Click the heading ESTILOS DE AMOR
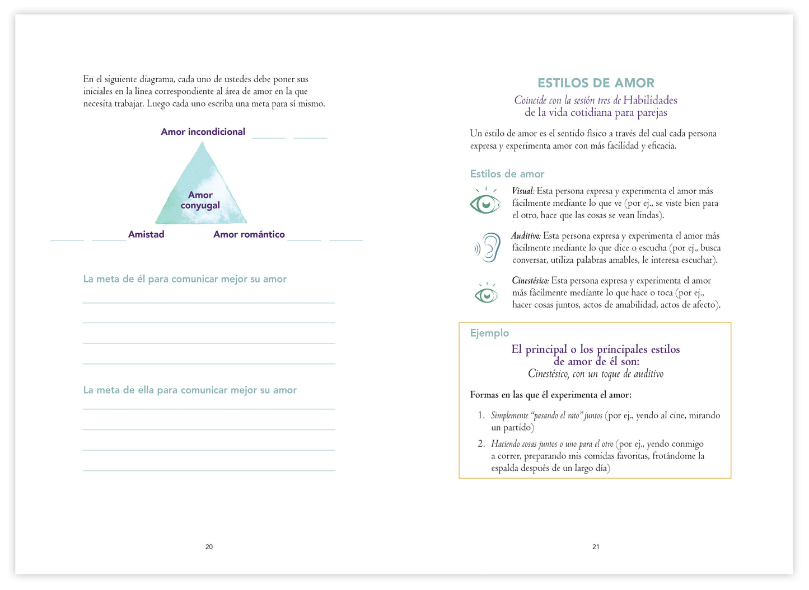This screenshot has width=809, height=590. coord(596,83)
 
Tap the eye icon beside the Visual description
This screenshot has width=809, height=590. coord(485,202)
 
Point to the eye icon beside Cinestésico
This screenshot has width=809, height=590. coord(486,293)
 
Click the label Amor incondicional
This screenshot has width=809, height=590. coord(203,132)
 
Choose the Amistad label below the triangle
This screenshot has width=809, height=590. coord(146,234)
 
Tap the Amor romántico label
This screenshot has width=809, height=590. coord(249,234)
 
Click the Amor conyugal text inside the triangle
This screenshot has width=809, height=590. coord(200,200)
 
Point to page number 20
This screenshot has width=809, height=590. coord(209,547)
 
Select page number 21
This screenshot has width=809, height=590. coord(596,547)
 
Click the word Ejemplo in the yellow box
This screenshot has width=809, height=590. coord(489,333)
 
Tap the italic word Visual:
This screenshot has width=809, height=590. coord(523,191)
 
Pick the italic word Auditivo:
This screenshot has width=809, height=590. coord(526,236)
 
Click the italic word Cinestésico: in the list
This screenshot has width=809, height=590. coord(530,281)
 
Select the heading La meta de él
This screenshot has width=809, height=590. coord(185,279)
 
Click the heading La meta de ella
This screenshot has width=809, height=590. coord(190,390)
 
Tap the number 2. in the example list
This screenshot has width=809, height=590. coord(481,444)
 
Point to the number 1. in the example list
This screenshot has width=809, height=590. coord(481,416)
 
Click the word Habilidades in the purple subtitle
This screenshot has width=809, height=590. coord(650,101)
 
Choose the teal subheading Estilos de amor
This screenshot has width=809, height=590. coord(507,174)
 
